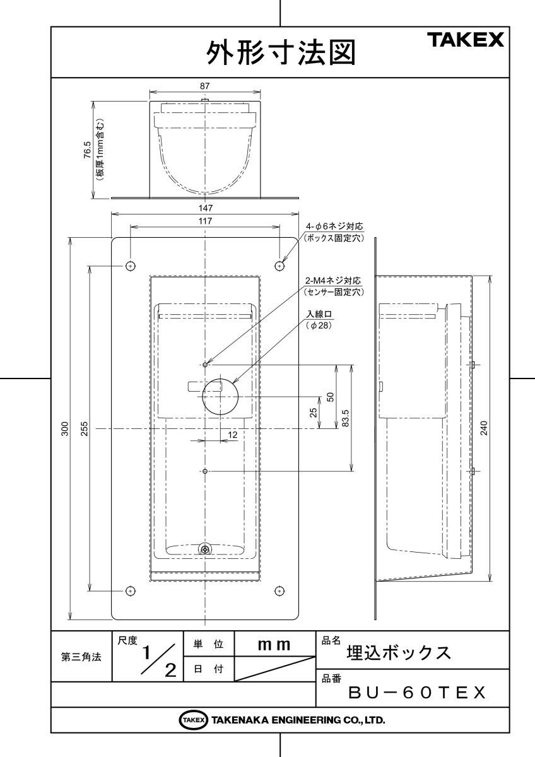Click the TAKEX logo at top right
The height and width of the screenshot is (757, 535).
467,41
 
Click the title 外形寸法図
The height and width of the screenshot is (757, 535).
281,53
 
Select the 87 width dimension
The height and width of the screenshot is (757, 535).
204,85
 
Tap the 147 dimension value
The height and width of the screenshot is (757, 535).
204,206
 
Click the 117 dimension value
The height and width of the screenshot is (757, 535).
204,221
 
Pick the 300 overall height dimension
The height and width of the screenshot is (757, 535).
64,429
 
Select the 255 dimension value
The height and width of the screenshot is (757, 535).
85,429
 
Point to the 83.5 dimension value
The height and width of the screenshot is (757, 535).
345,417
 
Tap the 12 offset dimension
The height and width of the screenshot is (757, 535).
232,435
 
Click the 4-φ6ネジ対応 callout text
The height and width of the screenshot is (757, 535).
335,226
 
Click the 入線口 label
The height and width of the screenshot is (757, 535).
319,314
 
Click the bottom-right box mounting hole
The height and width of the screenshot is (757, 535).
279,590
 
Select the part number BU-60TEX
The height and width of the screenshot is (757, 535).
417,693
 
